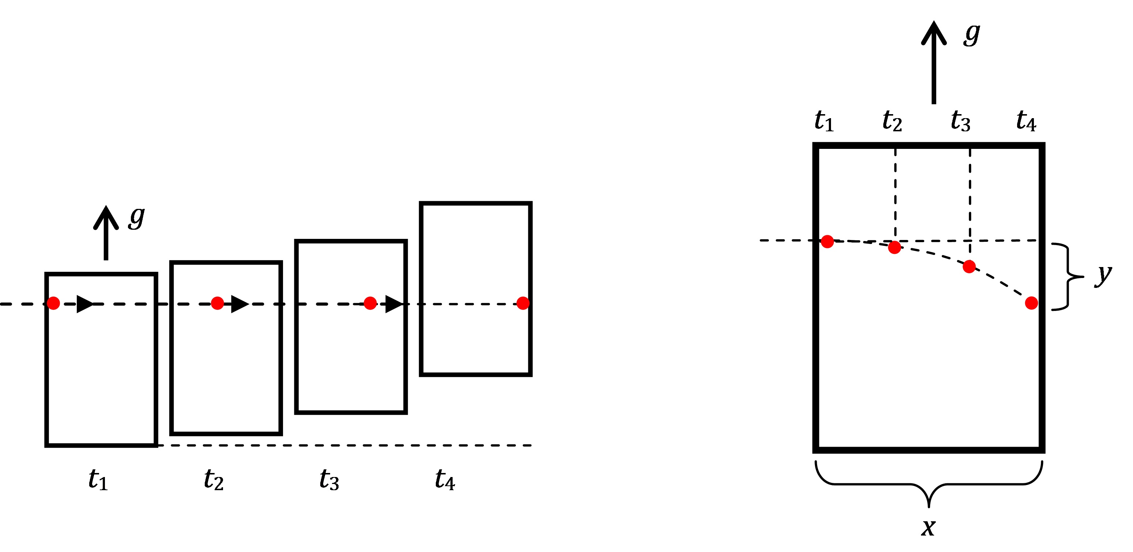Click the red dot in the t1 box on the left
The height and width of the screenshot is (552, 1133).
pyautogui.click(x=53, y=303)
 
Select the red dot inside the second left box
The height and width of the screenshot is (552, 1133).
pyautogui.click(x=217, y=303)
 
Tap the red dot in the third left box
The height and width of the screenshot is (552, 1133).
pyautogui.click(x=370, y=303)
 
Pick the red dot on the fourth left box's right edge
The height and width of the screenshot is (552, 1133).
pyautogui.click(x=522, y=303)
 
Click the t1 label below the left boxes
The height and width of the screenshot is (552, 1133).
pyautogui.click(x=98, y=480)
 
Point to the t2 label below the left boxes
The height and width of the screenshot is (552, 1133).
pyautogui.click(x=214, y=480)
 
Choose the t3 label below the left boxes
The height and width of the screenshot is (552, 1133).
pyautogui.click(x=329, y=480)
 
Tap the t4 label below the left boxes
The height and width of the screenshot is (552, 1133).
pyautogui.click(x=445, y=480)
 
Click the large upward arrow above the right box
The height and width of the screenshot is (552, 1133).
pyautogui.click(x=933, y=61)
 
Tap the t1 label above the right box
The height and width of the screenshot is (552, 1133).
pyautogui.click(x=824, y=121)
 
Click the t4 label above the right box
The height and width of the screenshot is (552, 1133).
pyautogui.click(x=1026, y=121)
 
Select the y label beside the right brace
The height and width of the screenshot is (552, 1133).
pyautogui.click(x=1103, y=275)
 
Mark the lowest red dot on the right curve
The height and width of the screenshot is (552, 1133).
pyautogui.click(x=1031, y=303)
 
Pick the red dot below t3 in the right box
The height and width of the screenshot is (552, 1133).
pyautogui.click(x=969, y=266)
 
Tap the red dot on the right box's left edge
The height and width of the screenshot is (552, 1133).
pyautogui.click(x=827, y=241)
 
